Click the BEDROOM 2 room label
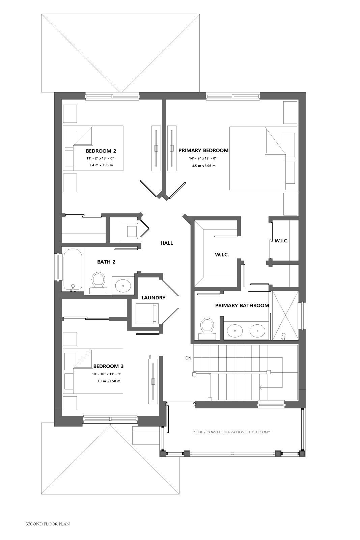click(101, 151)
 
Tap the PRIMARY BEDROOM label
click(203, 151)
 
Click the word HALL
click(167, 243)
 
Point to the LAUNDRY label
click(154, 298)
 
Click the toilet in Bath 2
click(98, 283)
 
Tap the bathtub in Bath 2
click(73, 270)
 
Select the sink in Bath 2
click(123, 286)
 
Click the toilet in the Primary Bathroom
click(207, 328)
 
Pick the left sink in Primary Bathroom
click(235, 331)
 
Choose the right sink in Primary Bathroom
click(257, 331)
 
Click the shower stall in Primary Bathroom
click(285, 316)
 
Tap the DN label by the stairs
click(188, 358)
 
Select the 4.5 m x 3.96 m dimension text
click(202, 166)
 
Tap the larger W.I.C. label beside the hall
click(222, 254)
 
